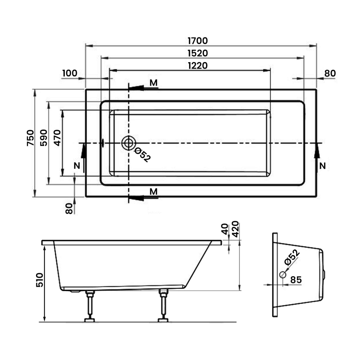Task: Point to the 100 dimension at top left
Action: [x=70, y=73]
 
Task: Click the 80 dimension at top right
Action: [x=330, y=73]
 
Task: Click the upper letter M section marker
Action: [x=154, y=82]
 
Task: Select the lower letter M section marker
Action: [x=154, y=192]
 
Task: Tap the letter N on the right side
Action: [x=322, y=166]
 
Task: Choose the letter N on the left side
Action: [x=77, y=166]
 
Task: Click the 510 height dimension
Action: [x=38, y=282]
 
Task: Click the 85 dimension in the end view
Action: [x=296, y=279]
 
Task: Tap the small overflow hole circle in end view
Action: [x=283, y=274]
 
